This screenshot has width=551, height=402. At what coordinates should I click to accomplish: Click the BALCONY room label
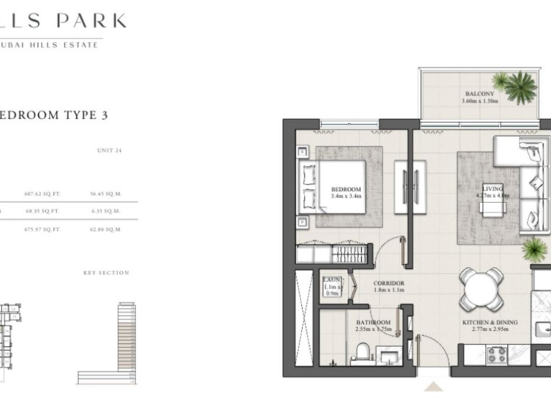click(478, 94)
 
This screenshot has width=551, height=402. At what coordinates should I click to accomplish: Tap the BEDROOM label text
click(345, 190)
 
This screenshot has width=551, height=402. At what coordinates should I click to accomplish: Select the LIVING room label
click(493, 189)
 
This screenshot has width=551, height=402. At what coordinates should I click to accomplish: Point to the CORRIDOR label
click(389, 284)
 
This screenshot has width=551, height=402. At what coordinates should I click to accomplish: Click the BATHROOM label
click(373, 323)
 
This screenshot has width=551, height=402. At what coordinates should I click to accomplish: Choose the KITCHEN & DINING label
click(490, 324)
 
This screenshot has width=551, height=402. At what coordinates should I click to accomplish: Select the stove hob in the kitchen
click(498, 354)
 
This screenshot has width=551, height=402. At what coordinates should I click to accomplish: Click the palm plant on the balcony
click(519, 88)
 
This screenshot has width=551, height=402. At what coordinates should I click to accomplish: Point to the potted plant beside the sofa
click(534, 250)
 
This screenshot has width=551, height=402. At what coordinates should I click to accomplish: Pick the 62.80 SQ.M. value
click(106, 230)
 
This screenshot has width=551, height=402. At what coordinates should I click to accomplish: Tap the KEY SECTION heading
click(106, 273)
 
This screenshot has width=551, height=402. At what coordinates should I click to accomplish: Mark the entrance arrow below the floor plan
click(435, 388)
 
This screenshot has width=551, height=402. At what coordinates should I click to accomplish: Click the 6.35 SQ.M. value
click(106, 212)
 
